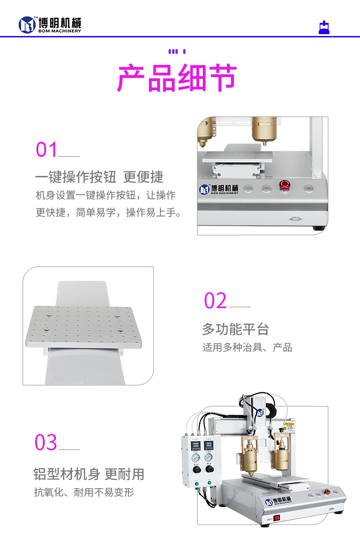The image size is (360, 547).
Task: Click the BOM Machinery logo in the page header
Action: coord(50,25)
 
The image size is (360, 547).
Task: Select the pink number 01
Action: coord(47,150)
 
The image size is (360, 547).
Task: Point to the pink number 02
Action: coord(215,301)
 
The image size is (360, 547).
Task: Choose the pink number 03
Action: coord(46,443)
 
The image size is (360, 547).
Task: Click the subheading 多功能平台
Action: coord(235,329)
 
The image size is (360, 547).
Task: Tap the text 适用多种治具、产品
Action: coord(247,348)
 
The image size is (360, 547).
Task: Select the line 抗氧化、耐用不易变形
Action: coord(84,492)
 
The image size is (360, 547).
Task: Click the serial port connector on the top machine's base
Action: coord(295,219)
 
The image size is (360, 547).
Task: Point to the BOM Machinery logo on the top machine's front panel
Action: coord(219,190)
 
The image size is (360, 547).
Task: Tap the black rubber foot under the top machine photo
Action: coord(319,227)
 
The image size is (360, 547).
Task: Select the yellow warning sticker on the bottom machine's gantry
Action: coord(288,427)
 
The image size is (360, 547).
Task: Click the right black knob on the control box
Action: coord(210,469)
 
